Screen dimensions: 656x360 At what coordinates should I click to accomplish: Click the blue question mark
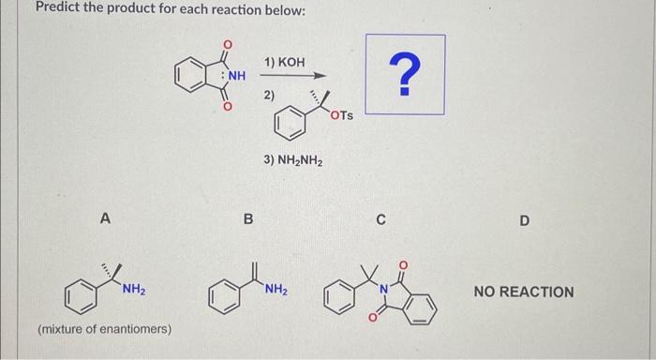[x=404, y=76]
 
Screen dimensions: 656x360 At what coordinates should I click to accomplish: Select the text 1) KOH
[x=284, y=62]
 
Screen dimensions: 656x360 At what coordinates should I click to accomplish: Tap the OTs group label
[x=342, y=115]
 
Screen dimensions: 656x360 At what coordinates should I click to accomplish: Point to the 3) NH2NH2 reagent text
[x=293, y=160]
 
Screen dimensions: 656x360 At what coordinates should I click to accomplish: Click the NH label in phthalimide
[x=235, y=77]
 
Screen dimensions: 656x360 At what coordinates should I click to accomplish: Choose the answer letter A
[x=106, y=219]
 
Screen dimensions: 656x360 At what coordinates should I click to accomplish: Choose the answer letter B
[x=248, y=219]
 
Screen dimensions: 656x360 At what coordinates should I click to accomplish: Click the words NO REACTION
[x=523, y=292]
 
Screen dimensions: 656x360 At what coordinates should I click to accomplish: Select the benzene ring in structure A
[x=78, y=298]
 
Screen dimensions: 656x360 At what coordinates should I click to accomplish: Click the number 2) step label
[x=269, y=95]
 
